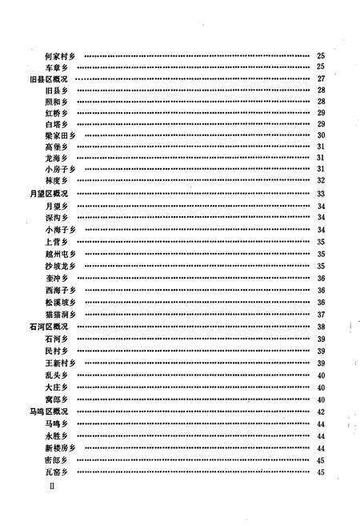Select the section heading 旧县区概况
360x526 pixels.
tap(49, 78)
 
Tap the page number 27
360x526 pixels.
tap(320, 78)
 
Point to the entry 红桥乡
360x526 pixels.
tap(56, 113)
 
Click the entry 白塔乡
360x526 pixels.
tap(56, 124)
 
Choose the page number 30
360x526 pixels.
tap(320, 135)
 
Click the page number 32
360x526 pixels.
tap(320, 181)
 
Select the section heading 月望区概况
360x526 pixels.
tap(49, 194)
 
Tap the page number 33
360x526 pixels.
tap(320, 194)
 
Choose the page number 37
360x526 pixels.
tap(320, 314)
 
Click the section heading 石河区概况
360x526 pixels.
tap(49, 327)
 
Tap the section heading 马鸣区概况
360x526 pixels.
tap(49, 411)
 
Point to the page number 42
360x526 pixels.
tap(320, 411)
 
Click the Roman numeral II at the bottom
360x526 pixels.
tap(51, 485)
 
